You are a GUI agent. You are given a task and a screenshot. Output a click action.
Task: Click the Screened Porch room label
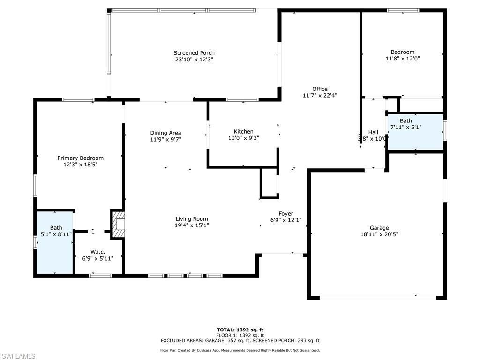pos(194,53)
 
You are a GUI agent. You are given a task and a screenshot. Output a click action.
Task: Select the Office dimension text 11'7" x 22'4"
pos(320,95)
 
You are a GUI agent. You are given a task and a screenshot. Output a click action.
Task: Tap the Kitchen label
pos(243,132)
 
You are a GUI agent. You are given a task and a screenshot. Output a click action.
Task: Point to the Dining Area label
pos(165,133)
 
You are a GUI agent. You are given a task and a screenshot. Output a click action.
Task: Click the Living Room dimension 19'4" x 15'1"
pos(192,225)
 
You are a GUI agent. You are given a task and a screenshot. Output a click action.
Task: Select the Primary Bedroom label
pos(80,158)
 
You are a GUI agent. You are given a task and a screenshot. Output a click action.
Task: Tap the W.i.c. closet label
pos(98,252)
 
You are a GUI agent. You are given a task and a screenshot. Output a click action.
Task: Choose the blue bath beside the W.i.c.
pos(55,242)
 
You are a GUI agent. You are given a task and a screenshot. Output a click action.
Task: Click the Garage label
pos(379,228)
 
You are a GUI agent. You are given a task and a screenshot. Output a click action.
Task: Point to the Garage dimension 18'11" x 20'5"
pos(379,235)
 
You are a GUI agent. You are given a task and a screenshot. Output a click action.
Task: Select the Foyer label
pos(285,214)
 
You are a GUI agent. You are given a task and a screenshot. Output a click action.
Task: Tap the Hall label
pos(373,132)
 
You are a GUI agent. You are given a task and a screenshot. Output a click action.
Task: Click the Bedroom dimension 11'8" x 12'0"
pos(402,59)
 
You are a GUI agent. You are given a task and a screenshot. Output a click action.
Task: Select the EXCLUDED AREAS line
pos(240,341)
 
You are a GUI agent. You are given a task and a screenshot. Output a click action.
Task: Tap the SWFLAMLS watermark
pos(18,356)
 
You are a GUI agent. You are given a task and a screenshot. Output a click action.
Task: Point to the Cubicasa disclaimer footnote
pos(240,350)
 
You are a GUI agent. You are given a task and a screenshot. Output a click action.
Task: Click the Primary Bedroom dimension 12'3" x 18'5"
pos(80,165)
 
